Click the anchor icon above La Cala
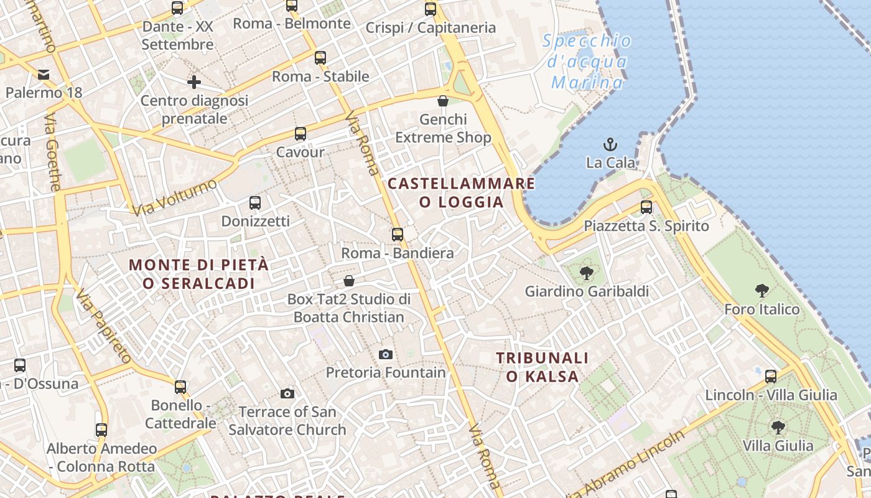[x=610, y=144]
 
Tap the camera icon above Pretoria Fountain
[x=386, y=354]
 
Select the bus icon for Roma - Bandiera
[x=398, y=235]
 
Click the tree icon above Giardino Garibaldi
[x=586, y=273]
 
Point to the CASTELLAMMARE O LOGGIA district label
[x=461, y=192]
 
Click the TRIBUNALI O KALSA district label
[x=542, y=367]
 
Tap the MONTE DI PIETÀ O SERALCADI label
[x=199, y=274]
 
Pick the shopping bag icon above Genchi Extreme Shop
[x=443, y=101]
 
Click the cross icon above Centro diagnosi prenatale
[x=194, y=82]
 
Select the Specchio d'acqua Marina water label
[x=587, y=62]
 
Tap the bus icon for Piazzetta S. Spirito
[x=646, y=207]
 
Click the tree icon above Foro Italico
[x=762, y=290]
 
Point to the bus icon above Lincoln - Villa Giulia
[x=771, y=376]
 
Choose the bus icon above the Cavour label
[x=300, y=133]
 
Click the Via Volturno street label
[x=175, y=197]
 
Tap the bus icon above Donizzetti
[x=255, y=202]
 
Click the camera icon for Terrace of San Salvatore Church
[x=287, y=393]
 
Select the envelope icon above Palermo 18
[x=44, y=75]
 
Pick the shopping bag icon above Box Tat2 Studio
[x=349, y=281]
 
